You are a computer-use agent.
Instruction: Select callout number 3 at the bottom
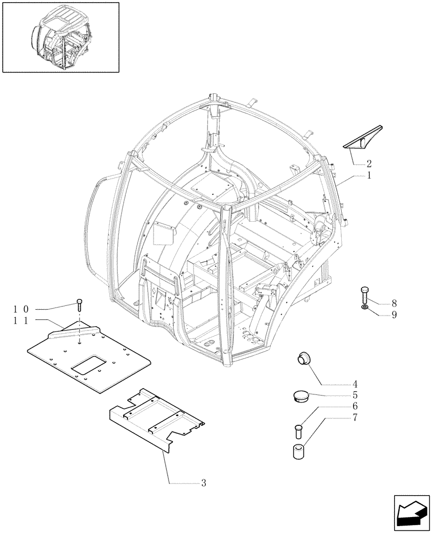203,483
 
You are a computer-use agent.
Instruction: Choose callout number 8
394,303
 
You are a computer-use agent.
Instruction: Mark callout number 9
394,314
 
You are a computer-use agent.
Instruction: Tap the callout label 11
20,320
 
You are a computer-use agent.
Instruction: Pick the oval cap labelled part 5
301,395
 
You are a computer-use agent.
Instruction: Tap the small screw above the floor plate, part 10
79,305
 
